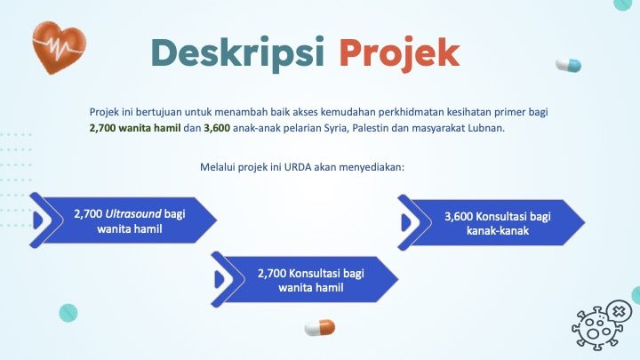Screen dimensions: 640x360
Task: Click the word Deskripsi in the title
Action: [x=237, y=54]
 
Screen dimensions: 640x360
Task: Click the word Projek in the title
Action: [x=400, y=54]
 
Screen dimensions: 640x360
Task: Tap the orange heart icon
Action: [x=60, y=48]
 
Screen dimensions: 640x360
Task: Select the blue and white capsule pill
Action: [x=569, y=65]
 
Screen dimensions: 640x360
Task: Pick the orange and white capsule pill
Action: [x=320, y=328]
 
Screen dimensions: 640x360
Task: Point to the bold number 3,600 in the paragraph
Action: [x=217, y=128]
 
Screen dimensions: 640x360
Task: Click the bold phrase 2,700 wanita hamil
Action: [x=135, y=128]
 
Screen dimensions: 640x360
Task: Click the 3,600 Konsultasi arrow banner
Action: [x=492, y=222]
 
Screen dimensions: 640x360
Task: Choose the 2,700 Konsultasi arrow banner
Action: [x=305, y=280]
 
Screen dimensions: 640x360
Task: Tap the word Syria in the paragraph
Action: [x=336, y=129]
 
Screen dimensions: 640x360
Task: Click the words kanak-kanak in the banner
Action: [x=498, y=231]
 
